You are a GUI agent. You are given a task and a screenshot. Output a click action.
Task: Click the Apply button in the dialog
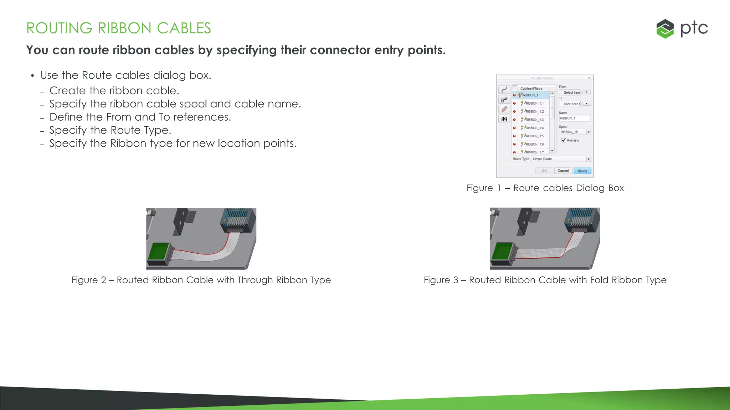[582, 171]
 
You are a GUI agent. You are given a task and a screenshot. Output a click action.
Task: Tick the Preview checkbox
[564, 140]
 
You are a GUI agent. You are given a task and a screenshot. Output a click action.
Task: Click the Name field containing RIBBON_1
[574, 118]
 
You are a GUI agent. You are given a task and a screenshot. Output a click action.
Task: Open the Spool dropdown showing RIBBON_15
[588, 132]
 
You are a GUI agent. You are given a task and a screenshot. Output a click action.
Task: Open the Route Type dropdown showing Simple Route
[588, 159]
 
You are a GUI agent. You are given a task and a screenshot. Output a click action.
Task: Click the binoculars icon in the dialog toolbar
[504, 119]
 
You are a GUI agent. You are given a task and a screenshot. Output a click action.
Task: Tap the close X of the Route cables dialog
[589, 78]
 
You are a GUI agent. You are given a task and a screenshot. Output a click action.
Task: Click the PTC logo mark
[665, 28]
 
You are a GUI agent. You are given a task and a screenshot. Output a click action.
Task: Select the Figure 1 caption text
[545, 188]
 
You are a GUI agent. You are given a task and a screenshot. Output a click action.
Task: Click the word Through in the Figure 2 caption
[255, 280]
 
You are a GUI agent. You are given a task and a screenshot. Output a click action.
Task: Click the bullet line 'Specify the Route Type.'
[110, 130]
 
